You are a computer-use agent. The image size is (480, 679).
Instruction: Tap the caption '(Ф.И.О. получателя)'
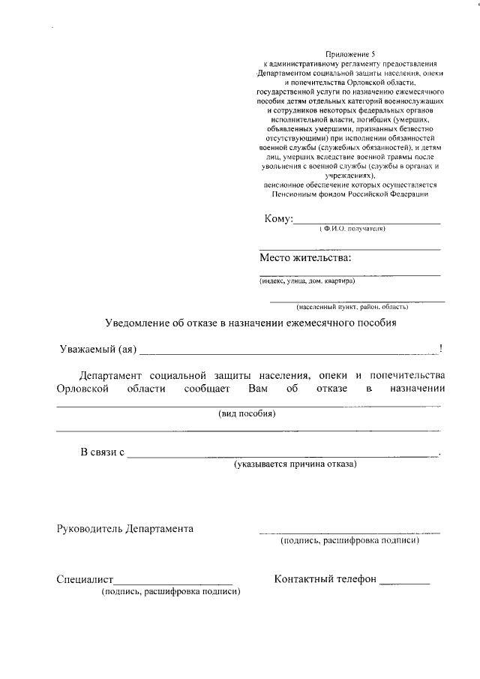pos(351,229)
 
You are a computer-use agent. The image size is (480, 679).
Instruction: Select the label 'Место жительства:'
pos(305,258)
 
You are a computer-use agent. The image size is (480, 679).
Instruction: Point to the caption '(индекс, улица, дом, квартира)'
pos(307,281)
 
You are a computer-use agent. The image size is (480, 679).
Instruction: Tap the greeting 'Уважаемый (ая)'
pos(97,349)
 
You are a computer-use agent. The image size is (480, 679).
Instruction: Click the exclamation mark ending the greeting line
pos(441,348)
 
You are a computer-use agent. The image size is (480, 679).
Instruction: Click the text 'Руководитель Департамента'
pos(124,528)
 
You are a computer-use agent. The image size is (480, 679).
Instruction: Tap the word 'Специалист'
pos(84,580)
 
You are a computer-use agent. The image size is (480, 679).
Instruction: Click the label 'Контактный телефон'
pos(325,579)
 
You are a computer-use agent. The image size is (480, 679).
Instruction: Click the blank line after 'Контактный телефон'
pos(405,582)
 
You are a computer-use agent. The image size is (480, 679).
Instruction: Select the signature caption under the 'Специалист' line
pos(171,592)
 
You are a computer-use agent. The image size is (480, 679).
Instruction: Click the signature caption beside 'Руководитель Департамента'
pos(349,540)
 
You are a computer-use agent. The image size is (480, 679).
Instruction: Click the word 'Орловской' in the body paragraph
pos(84,389)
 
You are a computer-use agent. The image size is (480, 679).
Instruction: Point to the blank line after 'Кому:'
pos(367,222)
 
